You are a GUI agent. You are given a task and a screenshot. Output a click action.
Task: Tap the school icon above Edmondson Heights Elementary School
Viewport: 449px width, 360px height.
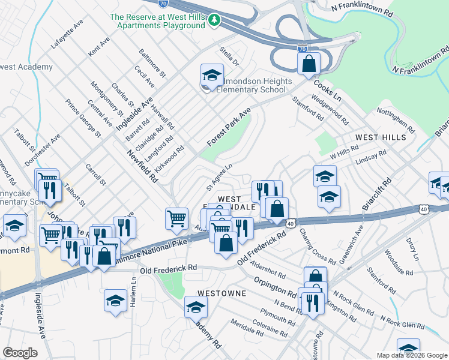pyautogui.click(x=211, y=75)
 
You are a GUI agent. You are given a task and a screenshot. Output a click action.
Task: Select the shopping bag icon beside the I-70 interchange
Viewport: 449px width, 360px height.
pyautogui.click(x=309, y=63)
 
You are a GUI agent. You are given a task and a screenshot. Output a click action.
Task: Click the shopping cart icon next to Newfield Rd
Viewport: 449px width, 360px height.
pyautogui.click(x=176, y=218)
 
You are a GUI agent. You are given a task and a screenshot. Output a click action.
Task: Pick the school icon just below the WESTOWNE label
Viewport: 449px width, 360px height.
pyautogui.click(x=196, y=307)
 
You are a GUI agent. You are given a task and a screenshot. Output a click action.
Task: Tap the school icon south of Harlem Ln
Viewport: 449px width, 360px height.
pyautogui.click(x=115, y=301)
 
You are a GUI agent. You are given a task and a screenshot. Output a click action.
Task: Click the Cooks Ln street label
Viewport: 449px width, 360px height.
pyautogui.click(x=327, y=91)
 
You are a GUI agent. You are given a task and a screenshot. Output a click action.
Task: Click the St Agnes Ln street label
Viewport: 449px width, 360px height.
pyautogui.click(x=218, y=175)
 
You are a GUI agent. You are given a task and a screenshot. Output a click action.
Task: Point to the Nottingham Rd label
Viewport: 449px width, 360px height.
pyautogui.click(x=396, y=121)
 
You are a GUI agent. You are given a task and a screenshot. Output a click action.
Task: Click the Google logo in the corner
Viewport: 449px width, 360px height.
pyautogui.click(x=20, y=352)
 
